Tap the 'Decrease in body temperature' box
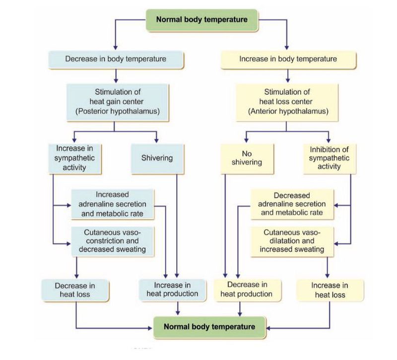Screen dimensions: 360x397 pos(116,59)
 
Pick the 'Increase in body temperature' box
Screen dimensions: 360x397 pos(288,59)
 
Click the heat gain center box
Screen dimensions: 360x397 pos(115,102)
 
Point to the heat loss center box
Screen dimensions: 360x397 pos(288,102)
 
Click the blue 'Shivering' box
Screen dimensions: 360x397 pos(156,158)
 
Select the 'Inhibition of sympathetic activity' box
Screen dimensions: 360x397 pos(330,158)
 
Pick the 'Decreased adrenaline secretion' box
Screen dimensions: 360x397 pos(293,204)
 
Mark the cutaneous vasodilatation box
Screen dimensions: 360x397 pos(293,241)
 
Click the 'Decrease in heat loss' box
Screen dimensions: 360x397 pos(75,290)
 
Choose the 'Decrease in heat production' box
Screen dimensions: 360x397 pos(247,289)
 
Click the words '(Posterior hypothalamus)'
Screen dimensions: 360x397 pos(115,111)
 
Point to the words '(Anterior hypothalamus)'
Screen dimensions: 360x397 pos(288,111)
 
